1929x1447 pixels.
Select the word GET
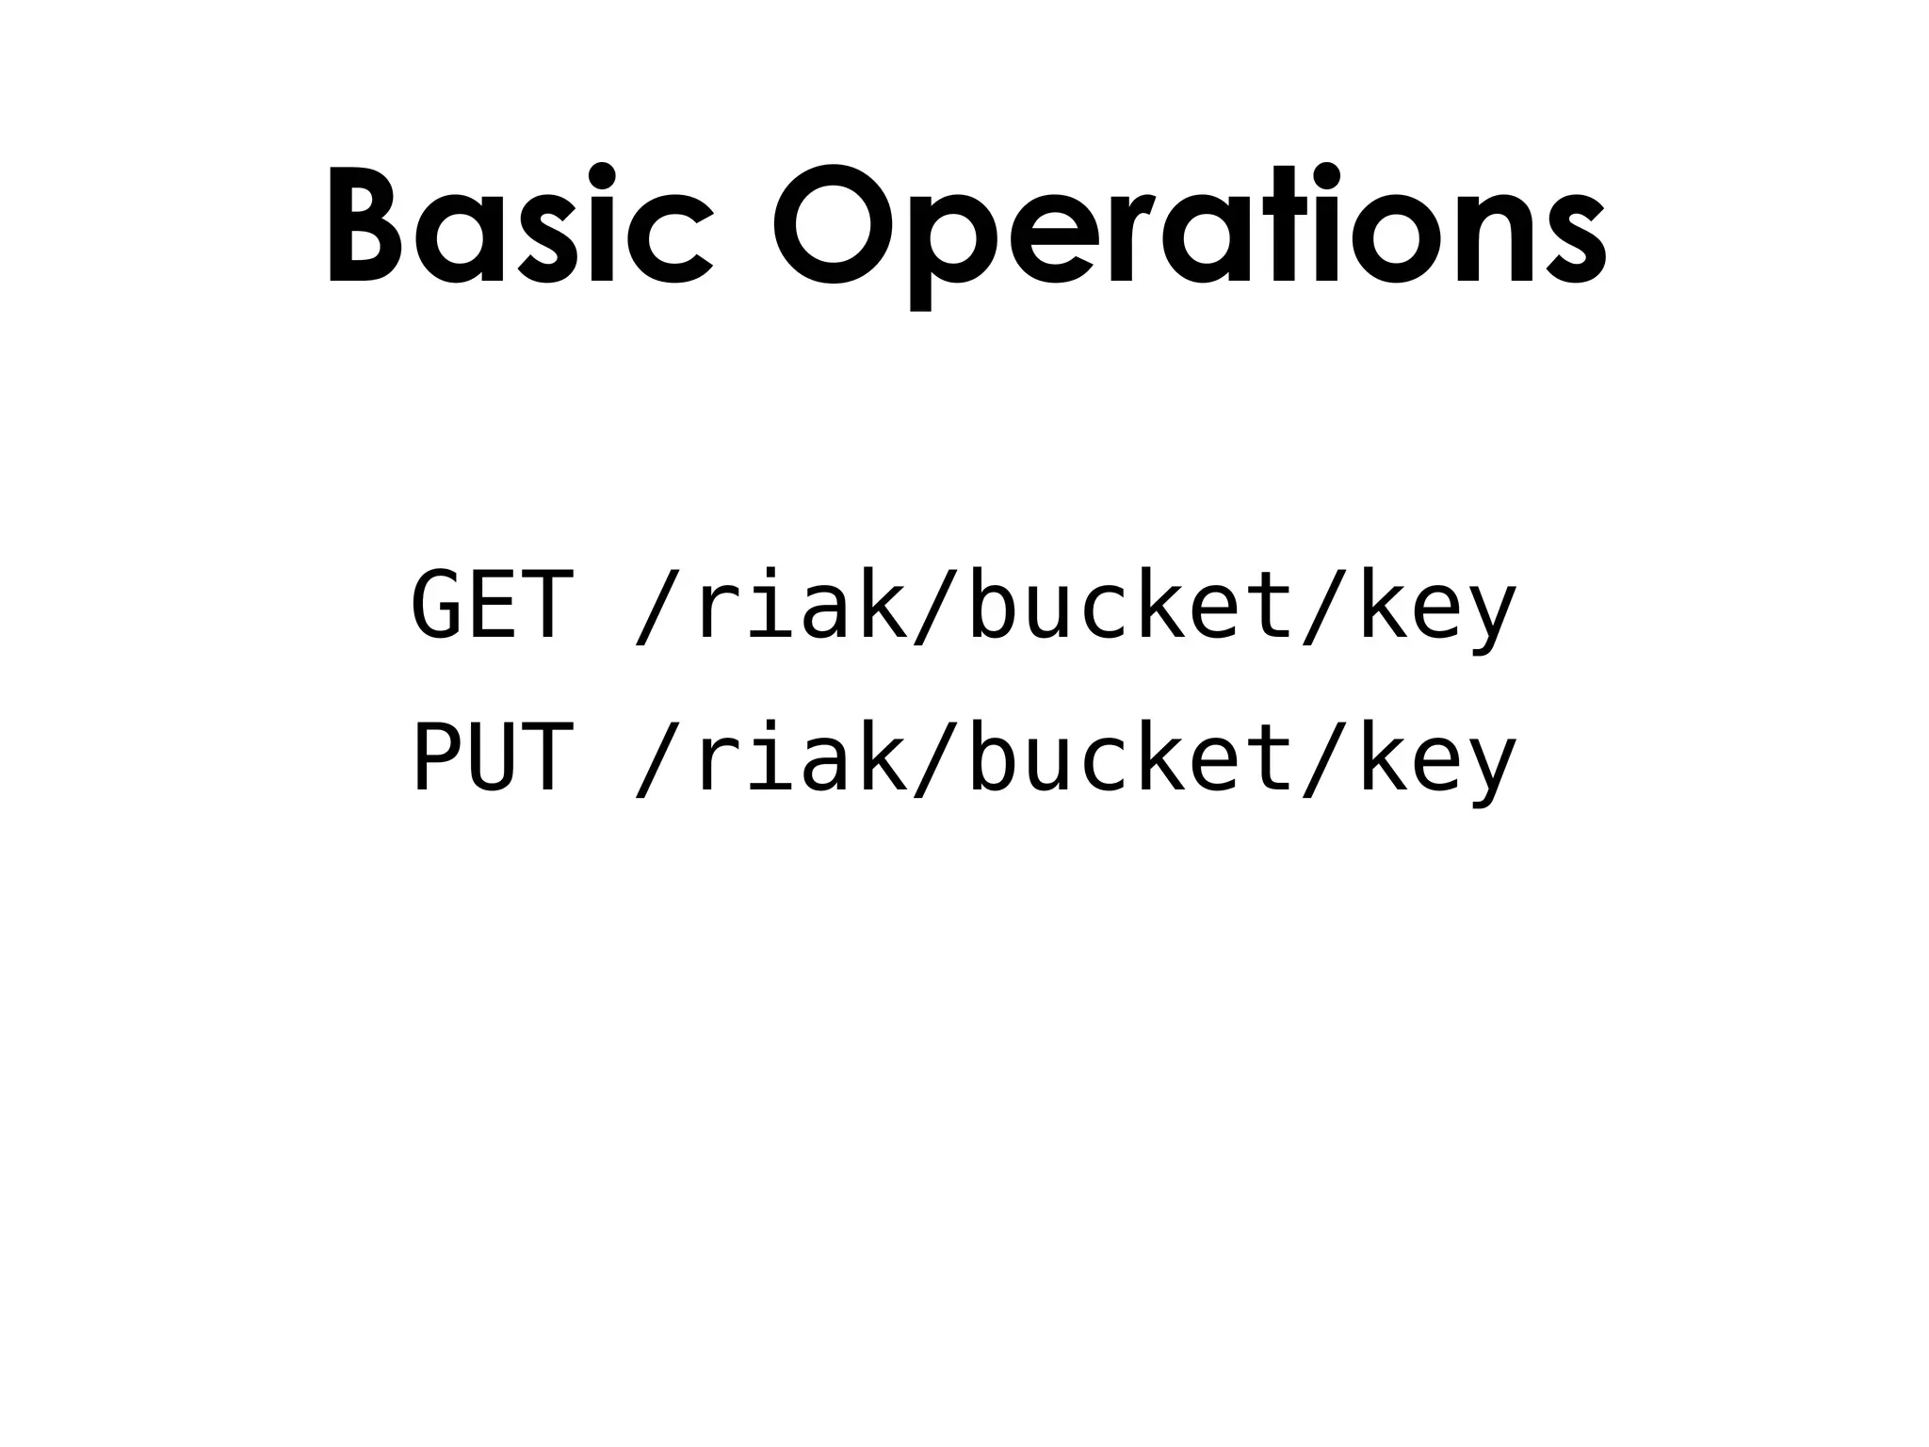pyautogui.click(x=493, y=605)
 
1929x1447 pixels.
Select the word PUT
pyautogui.click(x=493, y=759)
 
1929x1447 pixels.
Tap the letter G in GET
pyautogui.click(x=439, y=605)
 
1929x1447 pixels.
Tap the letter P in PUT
pyautogui.click(x=439, y=759)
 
